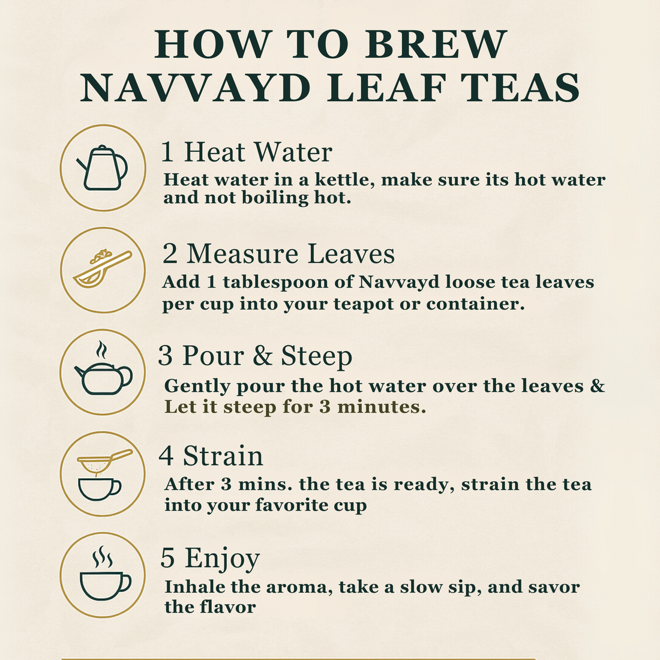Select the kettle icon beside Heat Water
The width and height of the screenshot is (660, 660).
[103, 167]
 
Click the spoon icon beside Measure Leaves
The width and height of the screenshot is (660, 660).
[103, 269]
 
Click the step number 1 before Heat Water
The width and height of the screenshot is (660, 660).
[167, 152]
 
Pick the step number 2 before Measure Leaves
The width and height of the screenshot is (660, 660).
[170, 254]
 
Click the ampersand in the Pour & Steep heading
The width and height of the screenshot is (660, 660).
[262, 356]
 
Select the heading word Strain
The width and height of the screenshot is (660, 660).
[223, 456]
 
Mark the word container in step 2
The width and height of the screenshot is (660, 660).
[475, 304]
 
